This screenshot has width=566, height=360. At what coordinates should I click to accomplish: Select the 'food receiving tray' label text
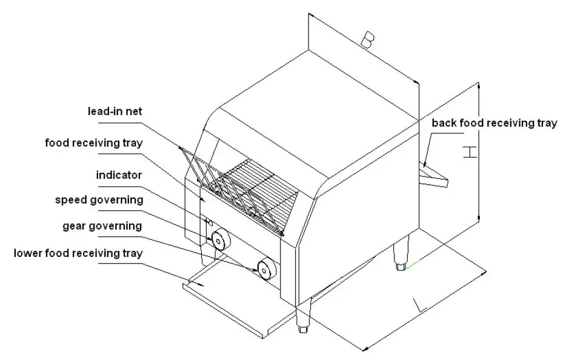(x=94, y=143)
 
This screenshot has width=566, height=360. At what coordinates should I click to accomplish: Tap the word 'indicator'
(x=119, y=175)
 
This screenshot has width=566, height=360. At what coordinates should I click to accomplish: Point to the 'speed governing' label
(x=99, y=199)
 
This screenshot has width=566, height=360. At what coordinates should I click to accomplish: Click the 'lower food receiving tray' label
(x=78, y=253)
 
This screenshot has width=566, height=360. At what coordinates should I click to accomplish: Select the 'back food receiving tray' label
(x=493, y=123)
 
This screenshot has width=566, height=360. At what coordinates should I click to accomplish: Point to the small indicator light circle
(x=209, y=222)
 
